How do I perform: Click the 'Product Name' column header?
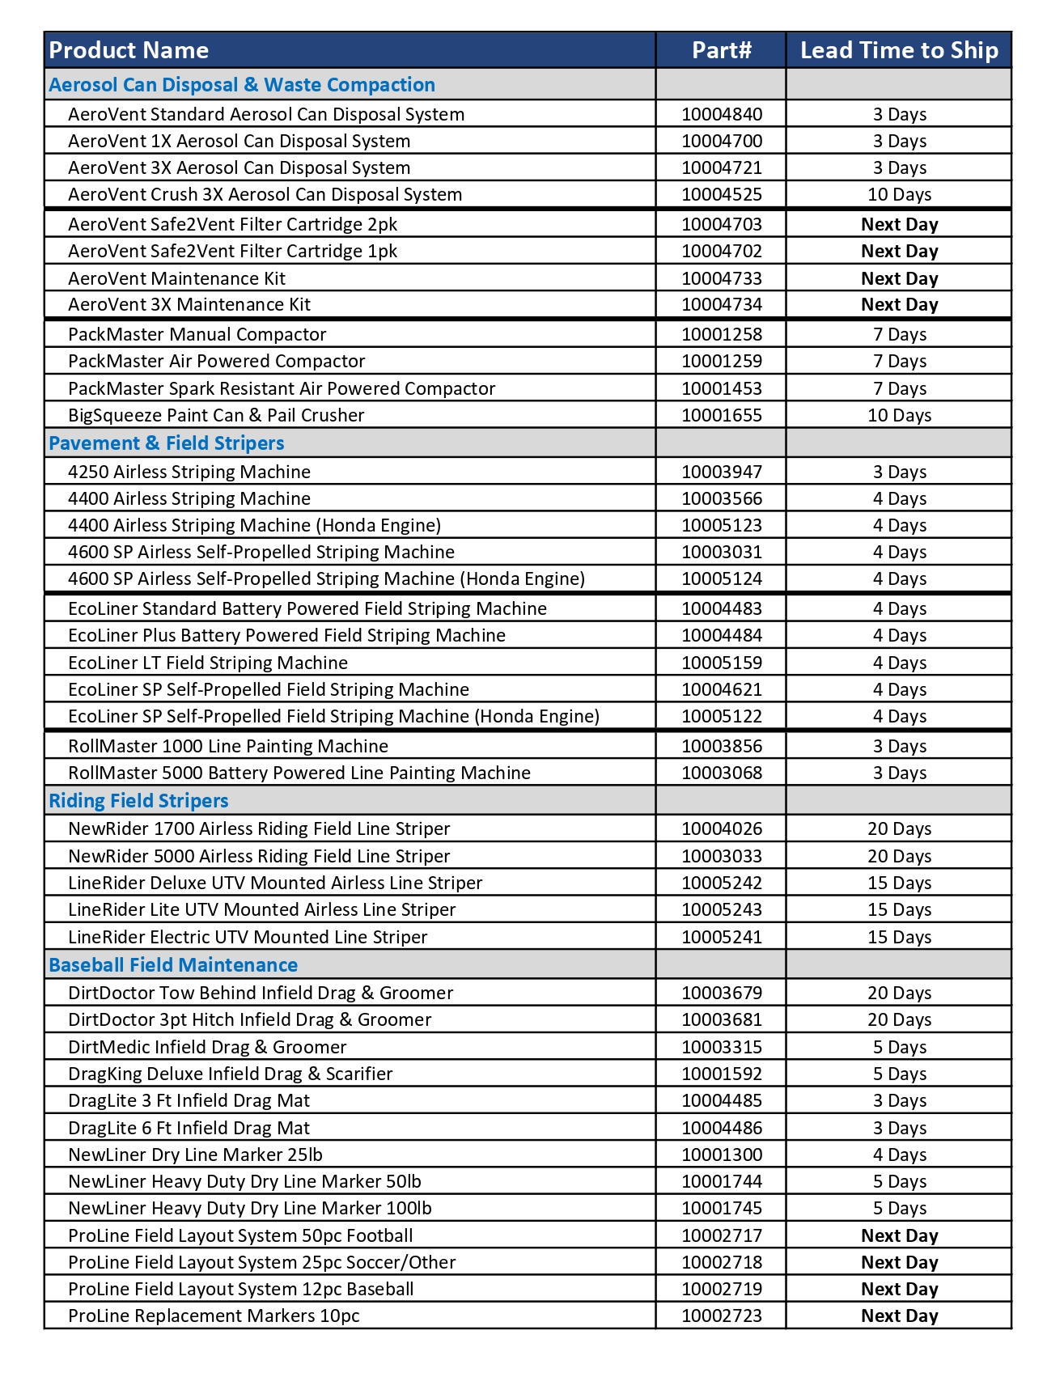pyautogui.click(x=129, y=50)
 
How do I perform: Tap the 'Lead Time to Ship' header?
pyautogui.click(x=899, y=50)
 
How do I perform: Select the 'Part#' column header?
pyautogui.click(x=721, y=50)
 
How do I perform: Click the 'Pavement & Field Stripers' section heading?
pyautogui.click(x=167, y=443)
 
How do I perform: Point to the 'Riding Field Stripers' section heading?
pyautogui.click(x=138, y=801)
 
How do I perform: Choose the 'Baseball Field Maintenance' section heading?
pyautogui.click(x=173, y=965)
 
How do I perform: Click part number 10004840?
pyautogui.click(x=721, y=114)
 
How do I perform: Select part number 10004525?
pyautogui.click(x=721, y=194)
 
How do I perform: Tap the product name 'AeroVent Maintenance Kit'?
pyautogui.click(x=176, y=278)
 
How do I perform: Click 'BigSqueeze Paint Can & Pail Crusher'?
pyautogui.click(x=216, y=415)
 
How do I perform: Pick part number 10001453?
pyautogui.click(x=721, y=388)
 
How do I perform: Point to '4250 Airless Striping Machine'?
pyautogui.click(x=189, y=472)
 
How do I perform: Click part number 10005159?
pyautogui.click(x=721, y=663)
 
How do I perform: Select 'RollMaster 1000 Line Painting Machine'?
pyautogui.click(x=228, y=746)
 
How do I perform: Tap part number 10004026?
pyautogui.click(x=721, y=828)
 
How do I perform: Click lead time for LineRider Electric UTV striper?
pyautogui.click(x=899, y=937)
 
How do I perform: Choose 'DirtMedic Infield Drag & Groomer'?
pyautogui.click(x=207, y=1047)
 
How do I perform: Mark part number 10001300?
pyautogui.click(x=721, y=1155)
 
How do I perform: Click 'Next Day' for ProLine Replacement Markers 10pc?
pyautogui.click(x=899, y=1316)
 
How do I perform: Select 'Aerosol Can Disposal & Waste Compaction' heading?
pyautogui.click(x=242, y=85)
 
